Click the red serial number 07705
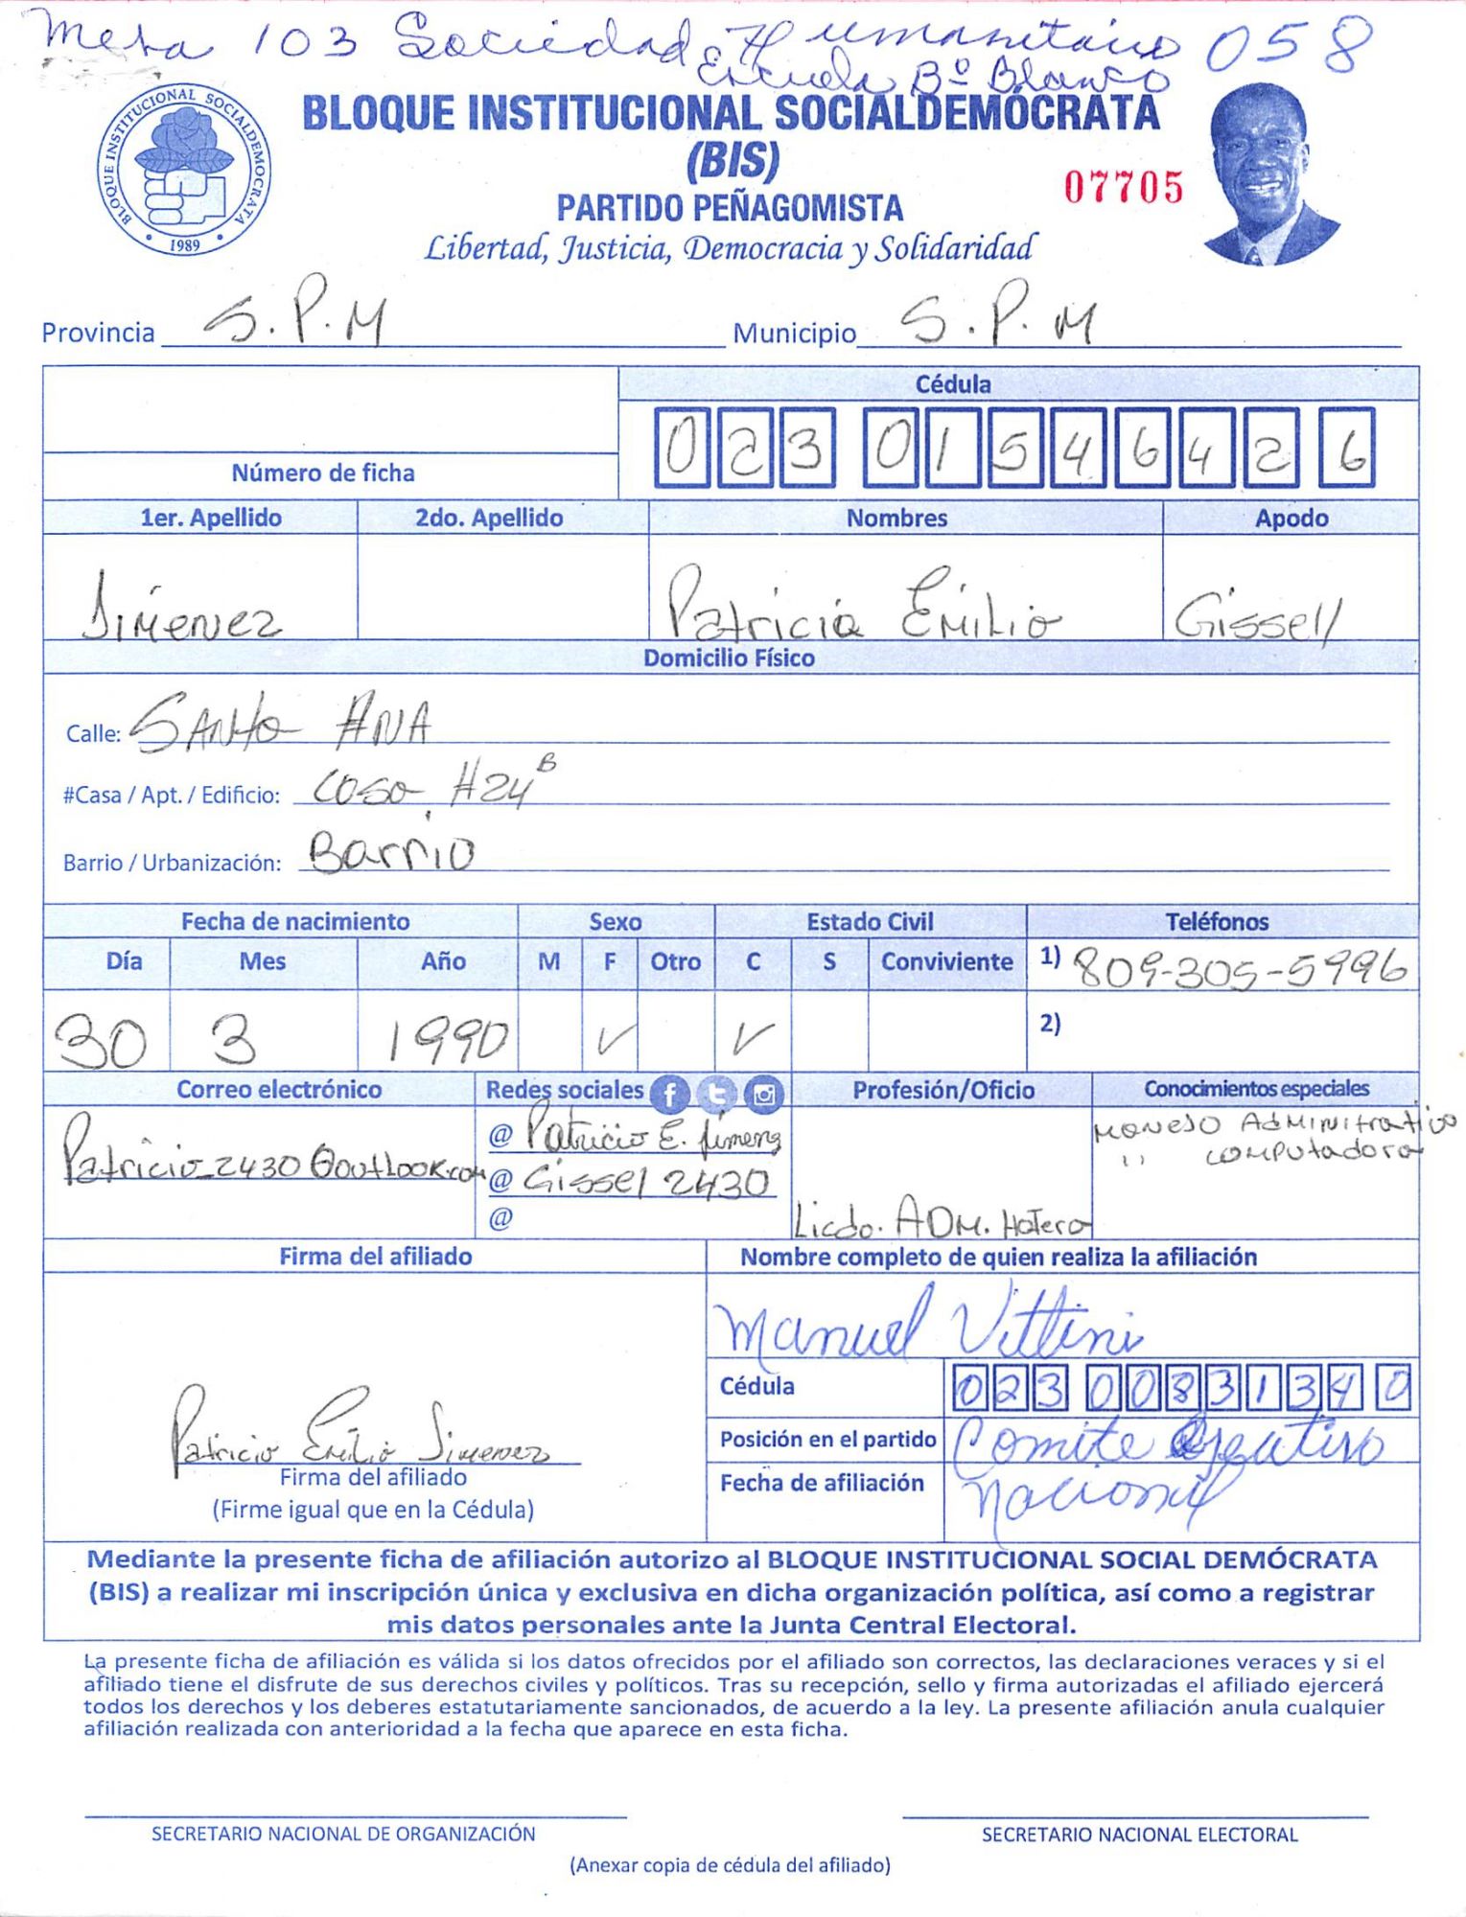tap(1124, 187)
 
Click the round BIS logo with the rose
tap(183, 169)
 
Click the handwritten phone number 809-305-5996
tap(1239, 969)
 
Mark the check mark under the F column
tap(610, 1039)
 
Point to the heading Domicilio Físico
tap(729, 658)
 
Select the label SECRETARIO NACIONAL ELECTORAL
tap(1139, 1835)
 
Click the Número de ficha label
tap(323, 473)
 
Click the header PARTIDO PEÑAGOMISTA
tap(730, 208)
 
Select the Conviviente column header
tap(946, 962)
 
